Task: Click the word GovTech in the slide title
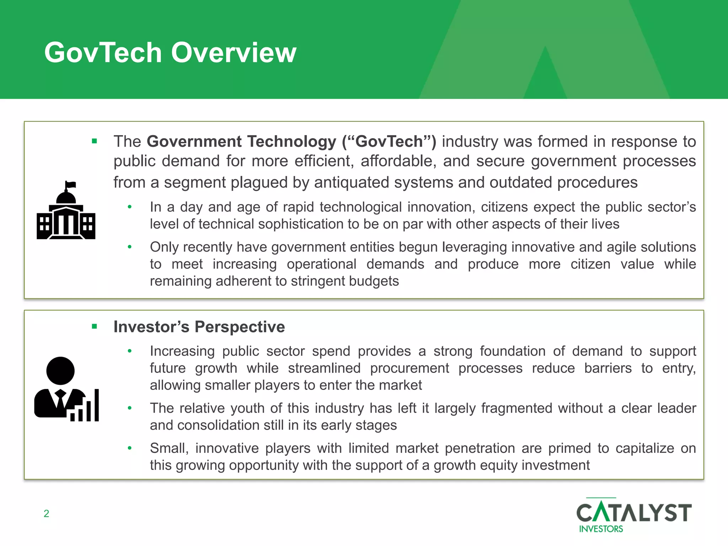click(x=103, y=53)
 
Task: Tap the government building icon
click(x=66, y=213)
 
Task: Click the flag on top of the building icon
click(x=71, y=185)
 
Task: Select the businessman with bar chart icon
click(x=66, y=389)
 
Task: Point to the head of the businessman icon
click(x=60, y=370)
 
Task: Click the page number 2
click(x=46, y=513)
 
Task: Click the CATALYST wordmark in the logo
click(x=634, y=512)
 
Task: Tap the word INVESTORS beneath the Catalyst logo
click(x=601, y=529)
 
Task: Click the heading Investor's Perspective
click(x=199, y=327)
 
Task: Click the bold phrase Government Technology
click(x=241, y=141)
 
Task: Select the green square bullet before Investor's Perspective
click(x=94, y=327)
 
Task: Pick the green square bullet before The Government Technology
click(x=94, y=141)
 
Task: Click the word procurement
click(x=409, y=368)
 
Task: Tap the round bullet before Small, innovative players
click(x=130, y=448)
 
